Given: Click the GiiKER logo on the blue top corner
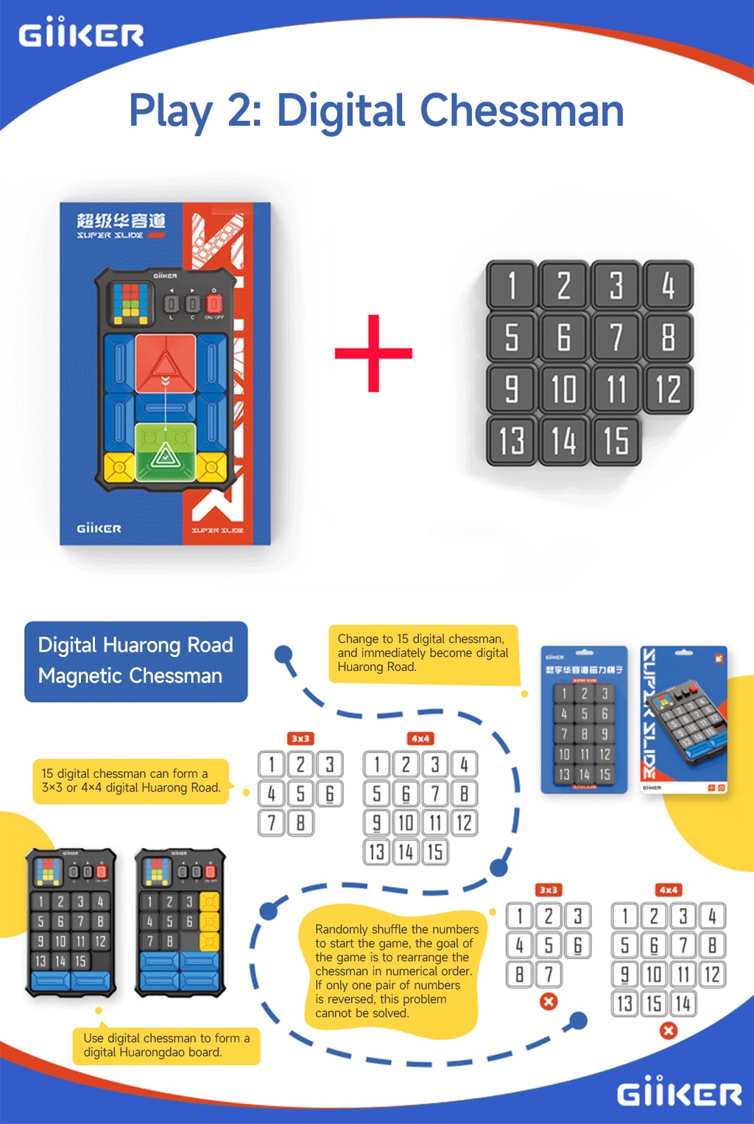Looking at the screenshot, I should tap(81, 34).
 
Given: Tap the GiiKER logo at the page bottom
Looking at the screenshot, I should tap(679, 1093).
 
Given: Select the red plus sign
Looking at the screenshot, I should tap(373, 354).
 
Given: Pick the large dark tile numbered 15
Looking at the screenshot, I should tap(616, 440).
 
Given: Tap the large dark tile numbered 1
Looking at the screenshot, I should tap(512, 285).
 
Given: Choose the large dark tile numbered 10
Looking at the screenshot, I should tap(563, 389).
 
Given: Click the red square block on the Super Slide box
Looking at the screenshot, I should tap(166, 364).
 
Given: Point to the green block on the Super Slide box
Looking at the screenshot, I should tap(166, 452).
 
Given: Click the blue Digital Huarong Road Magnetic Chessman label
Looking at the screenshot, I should tap(136, 661).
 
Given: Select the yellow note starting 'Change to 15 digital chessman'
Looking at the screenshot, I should tap(423, 654).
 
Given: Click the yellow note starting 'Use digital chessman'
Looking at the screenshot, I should tap(166, 1045).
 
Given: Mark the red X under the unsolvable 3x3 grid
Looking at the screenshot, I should tap(549, 1002).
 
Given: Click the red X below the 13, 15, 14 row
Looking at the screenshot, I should tap(669, 1030).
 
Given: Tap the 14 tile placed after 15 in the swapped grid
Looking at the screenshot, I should tap(683, 1003).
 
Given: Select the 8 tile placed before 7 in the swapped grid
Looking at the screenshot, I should tap(519, 974).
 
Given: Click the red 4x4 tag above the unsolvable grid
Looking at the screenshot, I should tap(669, 890).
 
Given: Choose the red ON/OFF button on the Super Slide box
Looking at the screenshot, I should tap(214, 303).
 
